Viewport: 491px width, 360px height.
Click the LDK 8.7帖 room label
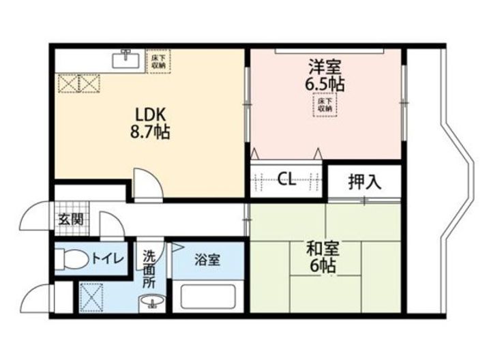[x=147, y=121]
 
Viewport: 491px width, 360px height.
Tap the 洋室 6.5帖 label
[x=325, y=75]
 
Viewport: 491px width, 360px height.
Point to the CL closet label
[x=286, y=180]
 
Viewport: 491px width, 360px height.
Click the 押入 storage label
[x=365, y=181]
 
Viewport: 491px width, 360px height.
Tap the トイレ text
[x=108, y=259]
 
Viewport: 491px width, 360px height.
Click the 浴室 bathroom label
[x=206, y=260]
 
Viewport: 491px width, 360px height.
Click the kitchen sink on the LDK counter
[x=125, y=59]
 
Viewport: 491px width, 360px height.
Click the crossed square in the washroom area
[x=92, y=295]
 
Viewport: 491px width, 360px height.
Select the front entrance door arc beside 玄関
[x=34, y=218]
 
